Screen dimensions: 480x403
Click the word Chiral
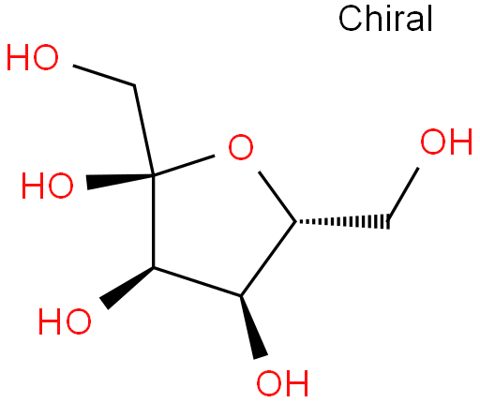coord(385,19)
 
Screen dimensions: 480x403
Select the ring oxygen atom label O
coord(241,147)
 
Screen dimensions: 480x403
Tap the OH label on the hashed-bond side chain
coord(446,142)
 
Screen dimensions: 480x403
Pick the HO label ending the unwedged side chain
coord(33,57)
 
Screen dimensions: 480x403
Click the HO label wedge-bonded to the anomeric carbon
coord(48,186)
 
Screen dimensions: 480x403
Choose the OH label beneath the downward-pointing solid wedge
coord(282,383)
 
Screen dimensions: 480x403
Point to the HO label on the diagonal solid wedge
coord(65,321)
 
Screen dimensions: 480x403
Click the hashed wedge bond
coord(342,222)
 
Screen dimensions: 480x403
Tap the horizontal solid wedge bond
coord(120,181)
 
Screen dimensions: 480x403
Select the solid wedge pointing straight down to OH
coord(252,326)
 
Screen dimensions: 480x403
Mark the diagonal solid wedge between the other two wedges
coord(127,287)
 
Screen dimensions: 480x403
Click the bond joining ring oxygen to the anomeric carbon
coord(184,165)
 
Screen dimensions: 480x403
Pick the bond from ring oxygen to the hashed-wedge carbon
coord(277,197)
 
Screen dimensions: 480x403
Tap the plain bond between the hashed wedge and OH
coord(403,194)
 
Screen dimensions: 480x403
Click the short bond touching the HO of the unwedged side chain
coord(104,75)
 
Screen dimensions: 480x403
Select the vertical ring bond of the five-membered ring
coord(154,221)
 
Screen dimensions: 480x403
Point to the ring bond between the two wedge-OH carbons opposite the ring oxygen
coord(197,281)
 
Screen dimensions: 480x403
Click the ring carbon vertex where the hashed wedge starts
coord(295,222)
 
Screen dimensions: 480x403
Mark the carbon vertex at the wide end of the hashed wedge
coord(389,222)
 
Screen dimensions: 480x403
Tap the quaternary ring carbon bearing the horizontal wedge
coord(154,175)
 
